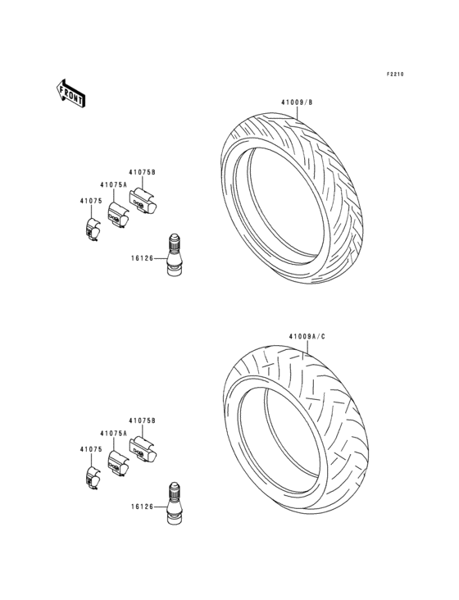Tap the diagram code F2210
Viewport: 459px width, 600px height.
396,75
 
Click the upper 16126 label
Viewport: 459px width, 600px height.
142,258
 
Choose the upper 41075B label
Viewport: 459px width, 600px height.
142,172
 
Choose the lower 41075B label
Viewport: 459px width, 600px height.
142,420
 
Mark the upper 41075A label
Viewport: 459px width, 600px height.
114,185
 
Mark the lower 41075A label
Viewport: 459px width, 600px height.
114,434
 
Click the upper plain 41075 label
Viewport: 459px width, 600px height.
90,201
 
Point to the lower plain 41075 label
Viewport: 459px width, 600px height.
90,449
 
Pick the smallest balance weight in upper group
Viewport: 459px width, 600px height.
93,230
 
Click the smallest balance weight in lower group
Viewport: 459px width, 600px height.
93,478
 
